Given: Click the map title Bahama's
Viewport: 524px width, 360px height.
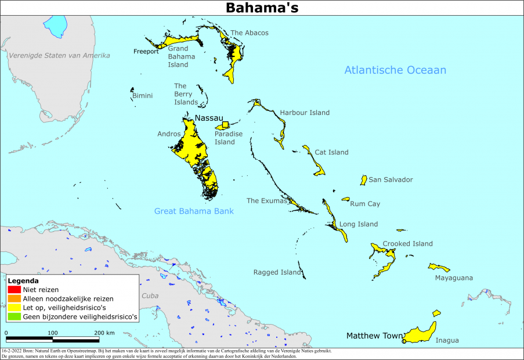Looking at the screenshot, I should (262, 8).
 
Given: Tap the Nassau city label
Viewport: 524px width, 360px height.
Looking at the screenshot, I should (209, 118).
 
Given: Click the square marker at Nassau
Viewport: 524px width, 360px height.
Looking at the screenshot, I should (226, 124).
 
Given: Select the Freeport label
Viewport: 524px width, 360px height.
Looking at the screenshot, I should (146, 51).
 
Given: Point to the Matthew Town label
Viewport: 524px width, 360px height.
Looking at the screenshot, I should (374, 336).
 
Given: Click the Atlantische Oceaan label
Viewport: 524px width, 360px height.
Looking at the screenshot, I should (395, 70).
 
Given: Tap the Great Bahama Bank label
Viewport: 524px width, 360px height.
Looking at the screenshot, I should (194, 211).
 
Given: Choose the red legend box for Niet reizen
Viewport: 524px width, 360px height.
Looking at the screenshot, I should (14, 289).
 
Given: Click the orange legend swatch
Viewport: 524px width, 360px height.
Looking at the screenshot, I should (14, 298).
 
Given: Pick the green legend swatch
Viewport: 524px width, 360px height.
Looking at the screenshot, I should (14, 317).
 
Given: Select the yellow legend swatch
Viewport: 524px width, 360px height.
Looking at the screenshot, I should (14, 308).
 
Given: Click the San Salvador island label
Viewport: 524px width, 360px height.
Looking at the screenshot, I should (391, 179).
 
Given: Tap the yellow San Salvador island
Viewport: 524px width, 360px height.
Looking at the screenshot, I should (364, 180).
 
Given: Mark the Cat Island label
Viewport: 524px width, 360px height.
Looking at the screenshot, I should (331, 152).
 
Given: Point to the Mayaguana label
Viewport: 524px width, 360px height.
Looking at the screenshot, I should (454, 278).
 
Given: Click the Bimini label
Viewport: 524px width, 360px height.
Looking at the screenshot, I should (143, 95).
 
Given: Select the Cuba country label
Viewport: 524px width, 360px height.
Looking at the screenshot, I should (150, 296).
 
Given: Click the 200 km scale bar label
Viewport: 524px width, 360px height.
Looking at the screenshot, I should (104, 333).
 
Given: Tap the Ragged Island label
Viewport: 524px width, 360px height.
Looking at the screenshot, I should (277, 272).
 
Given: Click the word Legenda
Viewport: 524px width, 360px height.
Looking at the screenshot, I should (23, 280).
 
